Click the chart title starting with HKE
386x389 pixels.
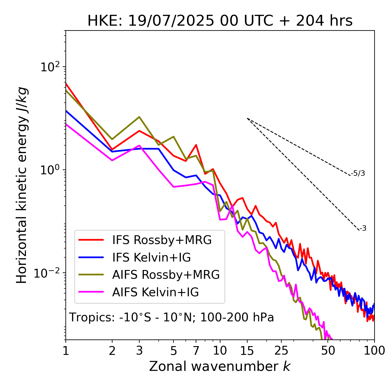220,21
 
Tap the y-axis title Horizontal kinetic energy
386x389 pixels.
22,185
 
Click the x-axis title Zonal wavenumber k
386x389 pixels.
220,366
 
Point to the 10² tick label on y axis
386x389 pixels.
49,67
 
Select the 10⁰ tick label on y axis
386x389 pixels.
49,170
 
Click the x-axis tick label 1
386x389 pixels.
66,351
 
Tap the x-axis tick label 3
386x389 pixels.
139,351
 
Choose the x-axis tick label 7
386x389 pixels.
196,351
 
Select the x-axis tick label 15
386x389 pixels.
247,351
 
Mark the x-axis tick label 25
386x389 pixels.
281,351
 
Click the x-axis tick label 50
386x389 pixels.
328,351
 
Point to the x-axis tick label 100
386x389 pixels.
374,351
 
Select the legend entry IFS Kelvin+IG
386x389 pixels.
151,257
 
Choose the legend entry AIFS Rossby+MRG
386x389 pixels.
166,275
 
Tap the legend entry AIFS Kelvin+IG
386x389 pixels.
156,292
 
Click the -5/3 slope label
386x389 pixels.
358,173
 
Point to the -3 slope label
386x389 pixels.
363,229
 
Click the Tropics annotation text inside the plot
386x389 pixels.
171,317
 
